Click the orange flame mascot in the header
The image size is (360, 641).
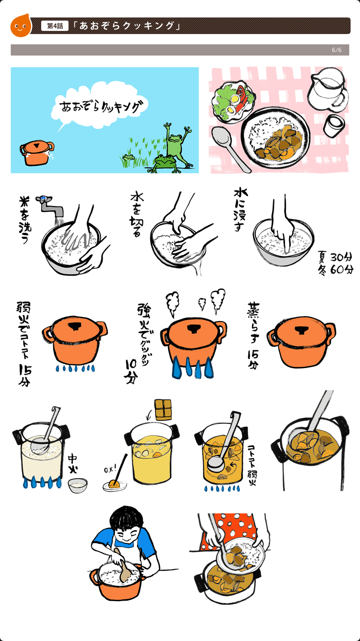[21, 26]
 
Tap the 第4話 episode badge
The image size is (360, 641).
[55, 26]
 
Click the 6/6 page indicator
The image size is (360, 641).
[337, 50]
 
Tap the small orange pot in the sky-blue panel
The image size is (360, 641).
[37, 152]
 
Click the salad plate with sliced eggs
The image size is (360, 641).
[233, 101]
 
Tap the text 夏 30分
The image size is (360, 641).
[335, 257]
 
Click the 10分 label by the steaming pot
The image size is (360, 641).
[131, 371]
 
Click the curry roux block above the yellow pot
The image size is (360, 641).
[163, 410]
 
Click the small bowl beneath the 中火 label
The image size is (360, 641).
[78, 485]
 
